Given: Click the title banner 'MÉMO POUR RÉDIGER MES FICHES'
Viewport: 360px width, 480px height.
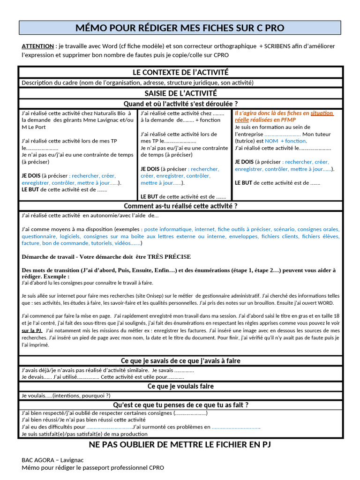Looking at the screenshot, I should (180, 28).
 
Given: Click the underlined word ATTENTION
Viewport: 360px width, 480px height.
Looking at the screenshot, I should (37, 46).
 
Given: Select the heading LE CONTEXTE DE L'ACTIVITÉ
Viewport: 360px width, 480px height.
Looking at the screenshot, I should (180, 72).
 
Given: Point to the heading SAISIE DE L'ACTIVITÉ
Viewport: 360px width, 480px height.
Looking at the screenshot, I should (180, 93).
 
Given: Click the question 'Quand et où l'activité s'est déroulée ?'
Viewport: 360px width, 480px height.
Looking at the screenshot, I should (180, 104).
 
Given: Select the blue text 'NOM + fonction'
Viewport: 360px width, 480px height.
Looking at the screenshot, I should (285, 141).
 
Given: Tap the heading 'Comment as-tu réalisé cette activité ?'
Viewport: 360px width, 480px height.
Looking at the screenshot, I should (180, 206).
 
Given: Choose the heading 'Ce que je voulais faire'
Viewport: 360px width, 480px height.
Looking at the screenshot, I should (180, 386).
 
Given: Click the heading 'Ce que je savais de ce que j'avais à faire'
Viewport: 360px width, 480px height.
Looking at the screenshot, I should (180, 360).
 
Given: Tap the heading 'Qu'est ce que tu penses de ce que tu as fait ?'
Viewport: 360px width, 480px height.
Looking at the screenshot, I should (180, 405).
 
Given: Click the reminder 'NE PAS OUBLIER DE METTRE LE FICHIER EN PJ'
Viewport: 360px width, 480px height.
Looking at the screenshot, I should (180, 444).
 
